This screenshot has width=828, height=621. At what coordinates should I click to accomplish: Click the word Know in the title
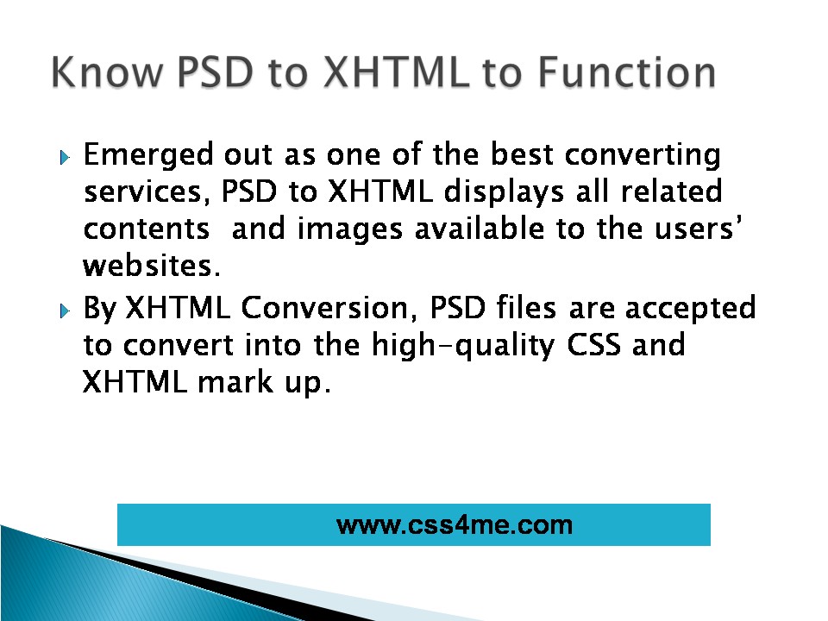(107, 72)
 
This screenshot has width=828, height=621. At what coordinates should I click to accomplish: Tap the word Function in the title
(627, 72)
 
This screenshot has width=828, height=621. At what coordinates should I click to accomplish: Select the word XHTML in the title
(396, 72)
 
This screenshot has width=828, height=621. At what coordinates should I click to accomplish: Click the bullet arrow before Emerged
(65, 157)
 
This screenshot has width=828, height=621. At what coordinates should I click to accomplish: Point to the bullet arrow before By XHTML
(65, 310)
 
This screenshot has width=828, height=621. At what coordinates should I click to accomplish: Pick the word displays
(504, 191)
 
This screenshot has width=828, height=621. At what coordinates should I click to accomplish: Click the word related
(671, 191)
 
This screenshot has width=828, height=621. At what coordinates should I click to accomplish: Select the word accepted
(691, 309)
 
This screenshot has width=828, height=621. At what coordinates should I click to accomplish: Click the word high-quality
(463, 346)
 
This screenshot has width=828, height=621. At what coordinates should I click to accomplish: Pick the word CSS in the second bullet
(593, 345)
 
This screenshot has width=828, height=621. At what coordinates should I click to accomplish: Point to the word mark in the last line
(235, 381)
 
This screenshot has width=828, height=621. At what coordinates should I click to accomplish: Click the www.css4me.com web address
(455, 525)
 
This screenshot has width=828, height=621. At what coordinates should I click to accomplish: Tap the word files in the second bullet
(526, 308)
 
